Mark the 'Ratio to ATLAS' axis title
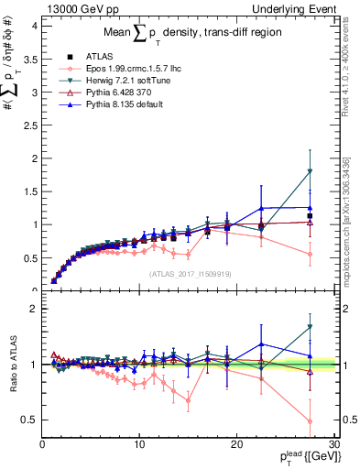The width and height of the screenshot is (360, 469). coord(13,365)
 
